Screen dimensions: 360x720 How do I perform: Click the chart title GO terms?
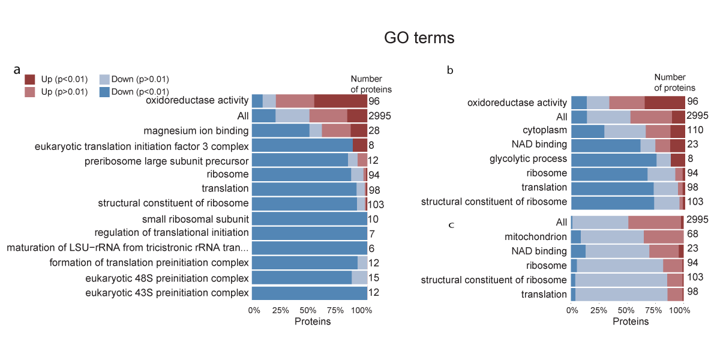(x=419, y=38)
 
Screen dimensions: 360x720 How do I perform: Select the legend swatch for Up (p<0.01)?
(x=31, y=79)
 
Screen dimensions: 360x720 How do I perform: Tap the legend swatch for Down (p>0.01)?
(x=104, y=79)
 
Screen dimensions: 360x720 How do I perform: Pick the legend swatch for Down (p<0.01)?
(x=104, y=92)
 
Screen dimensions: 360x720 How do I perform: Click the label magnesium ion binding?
(x=196, y=131)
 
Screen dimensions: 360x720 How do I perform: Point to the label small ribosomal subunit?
(x=195, y=218)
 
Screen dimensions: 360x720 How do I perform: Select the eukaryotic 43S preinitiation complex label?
(x=167, y=293)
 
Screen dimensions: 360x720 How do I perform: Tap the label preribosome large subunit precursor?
(x=166, y=161)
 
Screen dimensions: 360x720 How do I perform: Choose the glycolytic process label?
(x=528, y=159)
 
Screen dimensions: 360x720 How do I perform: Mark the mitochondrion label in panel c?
(x=536, y=236)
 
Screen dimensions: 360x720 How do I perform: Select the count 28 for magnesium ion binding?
(x=373, y=131)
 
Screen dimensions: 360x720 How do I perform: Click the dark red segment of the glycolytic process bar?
(x=678, y=160)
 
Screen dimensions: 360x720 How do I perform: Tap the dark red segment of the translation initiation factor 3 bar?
(x=359, y=145)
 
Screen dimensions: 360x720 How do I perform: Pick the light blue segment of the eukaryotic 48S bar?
(x=359, y=277)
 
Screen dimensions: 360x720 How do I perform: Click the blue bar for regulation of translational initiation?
(x=309, y=233)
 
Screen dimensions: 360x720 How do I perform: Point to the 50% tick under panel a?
(x=308, y=311)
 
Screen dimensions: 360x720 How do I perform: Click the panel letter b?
(x=450, y=70)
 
